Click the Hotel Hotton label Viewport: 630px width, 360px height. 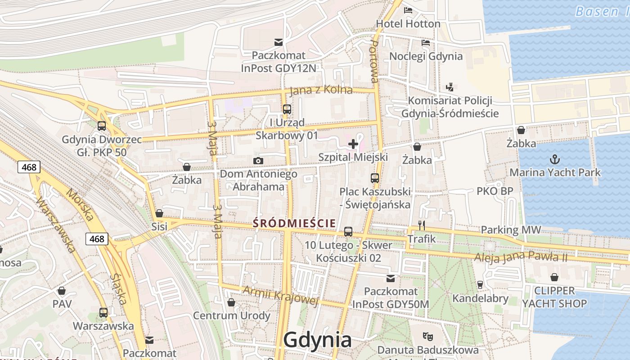tap(408, 23)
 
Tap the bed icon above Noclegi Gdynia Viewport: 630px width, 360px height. tap(425, 43)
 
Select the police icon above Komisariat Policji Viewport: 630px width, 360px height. tap(449, 87)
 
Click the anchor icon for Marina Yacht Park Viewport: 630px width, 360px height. tap(555, 159)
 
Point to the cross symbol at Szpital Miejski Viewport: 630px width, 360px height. tap(353, 144)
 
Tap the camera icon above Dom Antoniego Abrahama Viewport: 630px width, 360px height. tap(258, 161)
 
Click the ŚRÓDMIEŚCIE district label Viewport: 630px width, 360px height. tap(294, 223)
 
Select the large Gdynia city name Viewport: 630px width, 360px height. tap(318, 340)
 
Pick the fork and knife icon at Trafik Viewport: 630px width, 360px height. tap(422, 225)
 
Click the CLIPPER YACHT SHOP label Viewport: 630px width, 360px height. tap(554, 297)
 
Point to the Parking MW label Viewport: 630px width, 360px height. tap(511, 230)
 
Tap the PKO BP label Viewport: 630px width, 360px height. tap(495, 191)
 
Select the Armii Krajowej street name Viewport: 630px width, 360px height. tap(280, 296)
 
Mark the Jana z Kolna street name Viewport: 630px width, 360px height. tap(321, 90)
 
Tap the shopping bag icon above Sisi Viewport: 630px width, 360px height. tap(159, 213)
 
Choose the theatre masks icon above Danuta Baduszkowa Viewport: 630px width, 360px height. tap(427, 336)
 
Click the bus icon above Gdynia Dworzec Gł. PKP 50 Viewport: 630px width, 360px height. tap(102, 126)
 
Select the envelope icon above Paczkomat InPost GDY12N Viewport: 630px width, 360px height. tap(279, 42)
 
